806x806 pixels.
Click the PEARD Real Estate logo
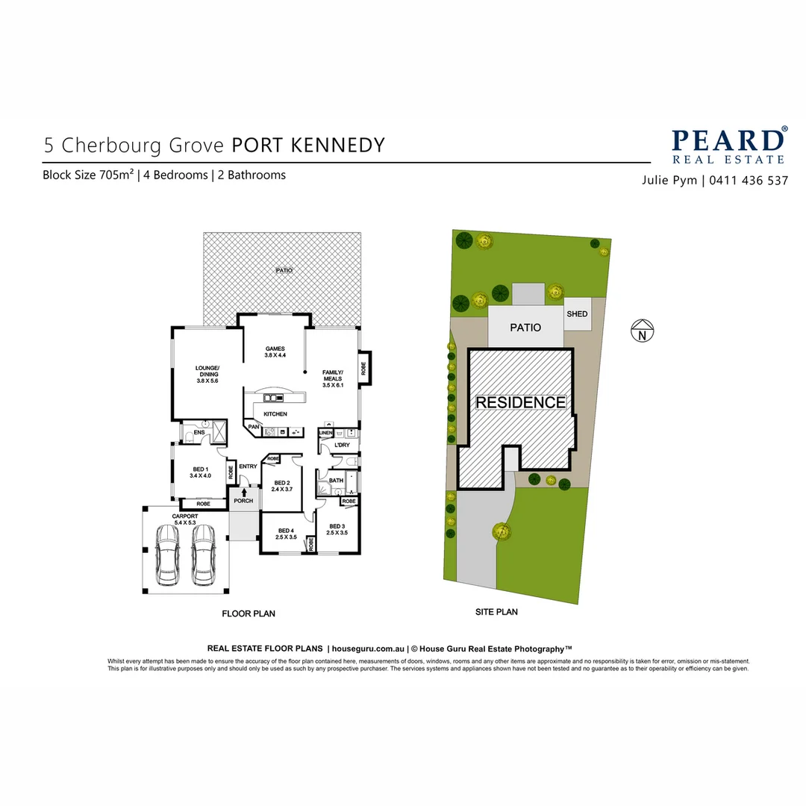[x=728, y=146]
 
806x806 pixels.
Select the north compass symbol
[x=642, y=330]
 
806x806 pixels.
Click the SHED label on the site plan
[x=577, y=314]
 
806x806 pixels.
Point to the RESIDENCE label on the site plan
[x=521, y=402]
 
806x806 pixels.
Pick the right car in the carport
[x=203, y=555]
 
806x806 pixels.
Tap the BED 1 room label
[x=200, y=472]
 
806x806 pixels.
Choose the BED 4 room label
[x=286, y=533]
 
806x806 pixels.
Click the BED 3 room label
[x=337, y=528]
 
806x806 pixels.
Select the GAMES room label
[x=275, y=352]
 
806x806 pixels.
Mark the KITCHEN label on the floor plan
[x=275, y=414]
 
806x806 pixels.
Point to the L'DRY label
[x=342, y=446]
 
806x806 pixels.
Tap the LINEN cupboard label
[x=325, y=433]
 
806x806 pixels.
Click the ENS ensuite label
[x=199, y=432]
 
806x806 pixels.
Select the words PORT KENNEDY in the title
[x=308, y=145]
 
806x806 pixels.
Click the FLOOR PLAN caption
[x=249, y=613]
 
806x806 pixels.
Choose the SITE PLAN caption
[x=496, y=612]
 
